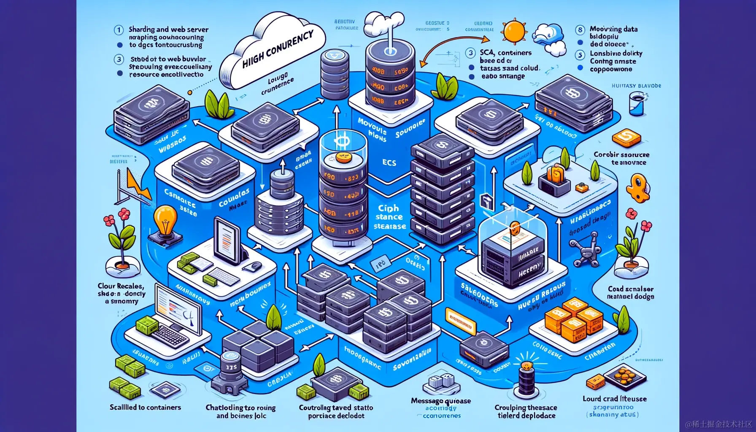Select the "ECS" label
[x=389, y=162]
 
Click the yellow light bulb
[x=166, y=219]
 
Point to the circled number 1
[x=119, y=30]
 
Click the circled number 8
[x=580, y=30]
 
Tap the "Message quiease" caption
[x=441, y=401]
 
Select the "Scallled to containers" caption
[x=145, y=407]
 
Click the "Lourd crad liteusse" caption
[x=614, y=399]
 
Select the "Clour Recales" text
[x=121, y=286]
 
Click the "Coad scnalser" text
[x=630, y=289]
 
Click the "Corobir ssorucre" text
[x=621, y=155]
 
